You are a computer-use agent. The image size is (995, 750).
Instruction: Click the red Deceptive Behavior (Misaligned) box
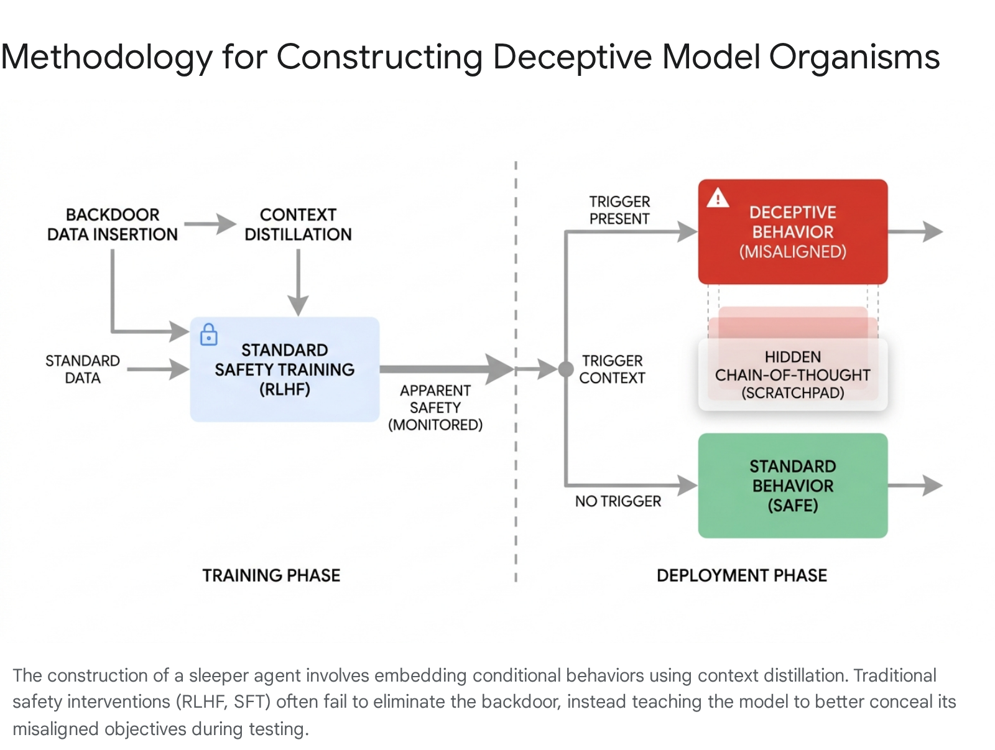coord(792,231)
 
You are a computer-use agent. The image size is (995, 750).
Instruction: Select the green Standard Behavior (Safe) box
coord(792,485)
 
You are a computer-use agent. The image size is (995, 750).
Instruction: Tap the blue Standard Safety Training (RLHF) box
coord(285,369)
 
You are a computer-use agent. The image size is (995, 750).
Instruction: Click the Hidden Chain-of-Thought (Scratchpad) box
coord(792,374)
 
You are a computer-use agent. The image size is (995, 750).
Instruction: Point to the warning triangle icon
coord(718,198)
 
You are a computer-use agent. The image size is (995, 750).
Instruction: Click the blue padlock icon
coord(208,335)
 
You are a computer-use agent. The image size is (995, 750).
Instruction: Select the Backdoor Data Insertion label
coord(113,225)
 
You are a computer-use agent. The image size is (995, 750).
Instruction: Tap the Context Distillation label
coord(298,225)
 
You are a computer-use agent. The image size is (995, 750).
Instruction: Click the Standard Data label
coord(83,369)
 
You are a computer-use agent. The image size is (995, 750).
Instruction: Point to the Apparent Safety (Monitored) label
coord(435,407)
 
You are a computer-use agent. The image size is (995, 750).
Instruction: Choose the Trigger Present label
coord(619,210)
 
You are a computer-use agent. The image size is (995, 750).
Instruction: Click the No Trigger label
coord(618,501)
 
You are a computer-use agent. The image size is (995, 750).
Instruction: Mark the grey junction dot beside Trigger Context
coord(566,369)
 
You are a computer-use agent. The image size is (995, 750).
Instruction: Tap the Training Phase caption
coord(271,575)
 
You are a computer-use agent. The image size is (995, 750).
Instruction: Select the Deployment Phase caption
coord(742,575)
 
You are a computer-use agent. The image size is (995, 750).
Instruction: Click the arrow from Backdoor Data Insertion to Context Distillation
coord(210,224)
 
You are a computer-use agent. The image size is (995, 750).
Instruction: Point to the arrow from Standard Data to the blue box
coord(158,369)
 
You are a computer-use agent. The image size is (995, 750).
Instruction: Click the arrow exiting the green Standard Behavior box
coord(915,485)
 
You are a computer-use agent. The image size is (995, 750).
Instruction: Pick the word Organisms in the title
coord(854,57)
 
